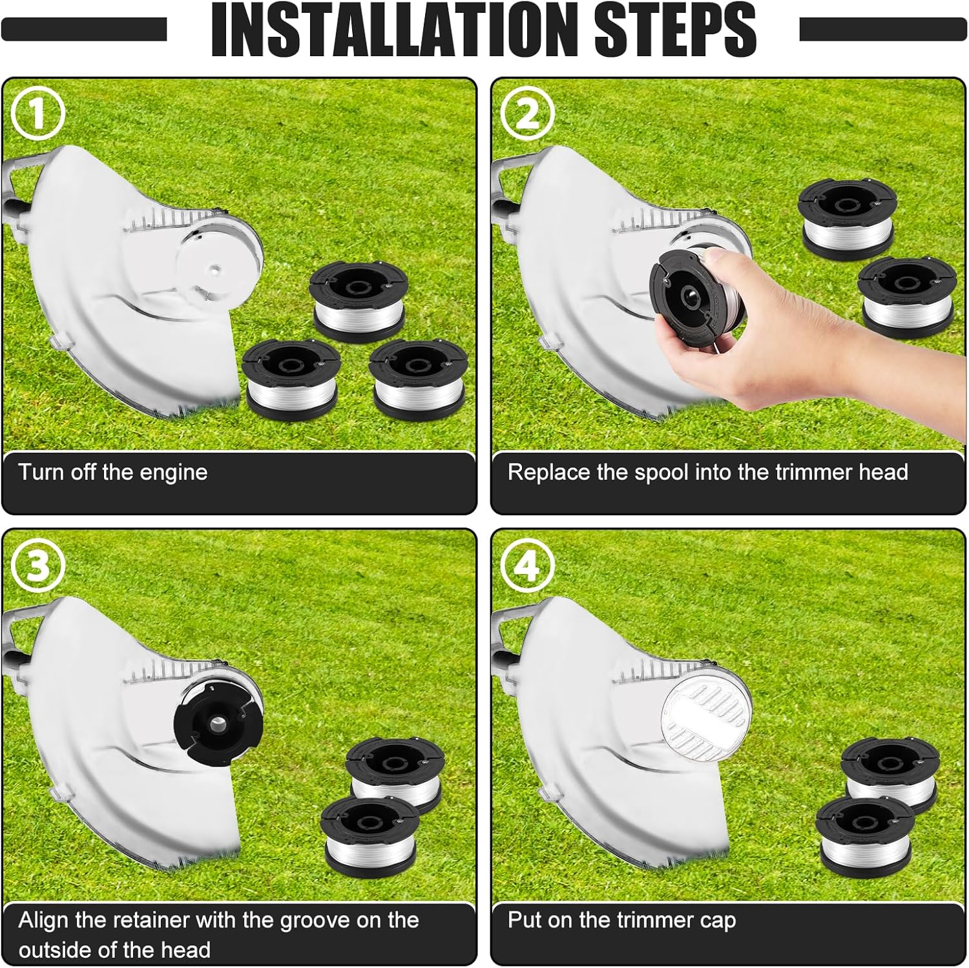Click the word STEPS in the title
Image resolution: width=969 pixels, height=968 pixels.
pyautogui.click(x=675, y=30)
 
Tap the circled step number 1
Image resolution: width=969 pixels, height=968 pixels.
pyautogui.click(x=38, y=113)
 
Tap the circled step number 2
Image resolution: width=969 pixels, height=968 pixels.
pyautogui.click(x=527, y=113)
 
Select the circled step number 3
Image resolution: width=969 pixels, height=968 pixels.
pyautogui.click(x=38, y=565)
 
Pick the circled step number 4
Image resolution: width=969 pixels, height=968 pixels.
pyautogui.click(x=527, y=565)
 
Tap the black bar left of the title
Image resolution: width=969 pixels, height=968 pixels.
pyautogui.click(x=84, y=29)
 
